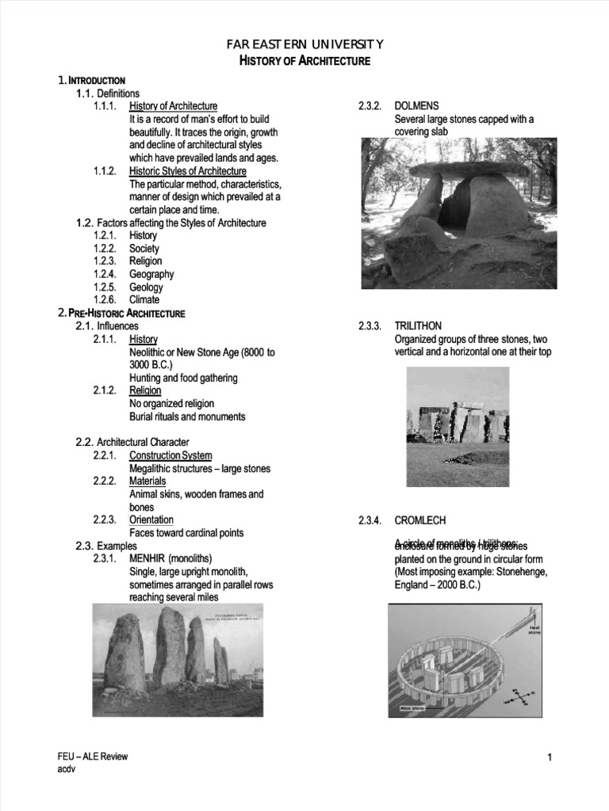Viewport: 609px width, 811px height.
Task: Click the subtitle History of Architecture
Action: pyautogui.click(x=304, y=61)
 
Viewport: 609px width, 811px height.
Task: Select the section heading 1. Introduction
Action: pyautogui.click(x=92, y=81)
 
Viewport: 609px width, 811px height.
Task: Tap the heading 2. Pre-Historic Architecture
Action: pyautogui.click(x=121, y=313)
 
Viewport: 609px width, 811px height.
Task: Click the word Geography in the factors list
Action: pyautogui.click(x=151, y=274)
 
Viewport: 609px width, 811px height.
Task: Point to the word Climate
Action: pyautogui.click(x=144, y=300)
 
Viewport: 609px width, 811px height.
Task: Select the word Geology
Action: pyautogui.click(x=146, y=287)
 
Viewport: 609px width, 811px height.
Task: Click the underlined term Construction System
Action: pyautogui.click(x=170, y=455)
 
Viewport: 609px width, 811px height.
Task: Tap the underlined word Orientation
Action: pyautogui.click(x=151, y=520)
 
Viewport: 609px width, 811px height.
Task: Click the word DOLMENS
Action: pyautogui.click(x=416, y=106)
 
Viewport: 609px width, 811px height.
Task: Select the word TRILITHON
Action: pyautogui.click(x=418, y=326)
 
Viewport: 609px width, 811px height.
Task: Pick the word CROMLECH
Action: pyautogui.click(x=420, y=520)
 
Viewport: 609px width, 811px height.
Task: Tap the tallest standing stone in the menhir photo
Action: pyautogui.click(x=169, y=646)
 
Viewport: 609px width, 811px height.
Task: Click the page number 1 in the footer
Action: pyautogui.click(x=549, y=759)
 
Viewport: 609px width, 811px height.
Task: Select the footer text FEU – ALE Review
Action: pyautogui.click(x=87, y=757)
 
